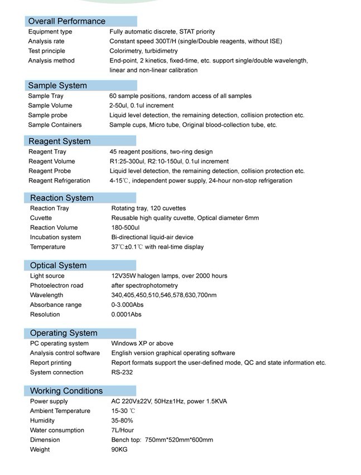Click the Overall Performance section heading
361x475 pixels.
66,21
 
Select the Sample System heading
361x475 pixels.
57,85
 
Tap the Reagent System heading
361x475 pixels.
59,141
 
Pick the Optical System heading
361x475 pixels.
58,265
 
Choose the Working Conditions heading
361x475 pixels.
66,391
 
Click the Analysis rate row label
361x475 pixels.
46,41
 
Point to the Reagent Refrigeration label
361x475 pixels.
59,180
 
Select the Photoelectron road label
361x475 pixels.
56,286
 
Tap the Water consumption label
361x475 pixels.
57,430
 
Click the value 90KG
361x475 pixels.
119,449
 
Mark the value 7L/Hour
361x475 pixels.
122,430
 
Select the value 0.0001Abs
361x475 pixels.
126,315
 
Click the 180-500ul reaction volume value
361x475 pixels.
125,227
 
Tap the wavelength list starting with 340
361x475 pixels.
163,295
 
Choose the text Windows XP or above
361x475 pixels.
142,344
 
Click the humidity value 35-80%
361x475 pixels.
122,420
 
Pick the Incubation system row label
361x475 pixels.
55,237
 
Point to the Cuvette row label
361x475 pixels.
41,218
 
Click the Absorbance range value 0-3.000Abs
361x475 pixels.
127,305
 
